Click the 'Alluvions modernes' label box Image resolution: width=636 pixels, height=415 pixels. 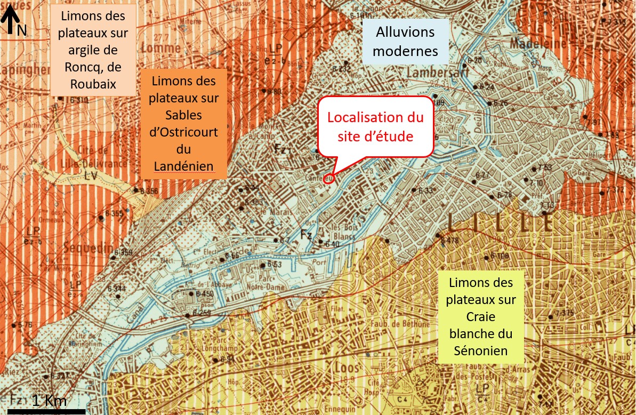405,41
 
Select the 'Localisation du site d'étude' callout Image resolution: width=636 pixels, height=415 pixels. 375,127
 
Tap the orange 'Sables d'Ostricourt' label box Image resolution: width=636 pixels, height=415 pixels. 184,124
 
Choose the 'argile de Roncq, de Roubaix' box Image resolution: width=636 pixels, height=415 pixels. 93,50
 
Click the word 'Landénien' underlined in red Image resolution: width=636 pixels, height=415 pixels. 184,167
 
